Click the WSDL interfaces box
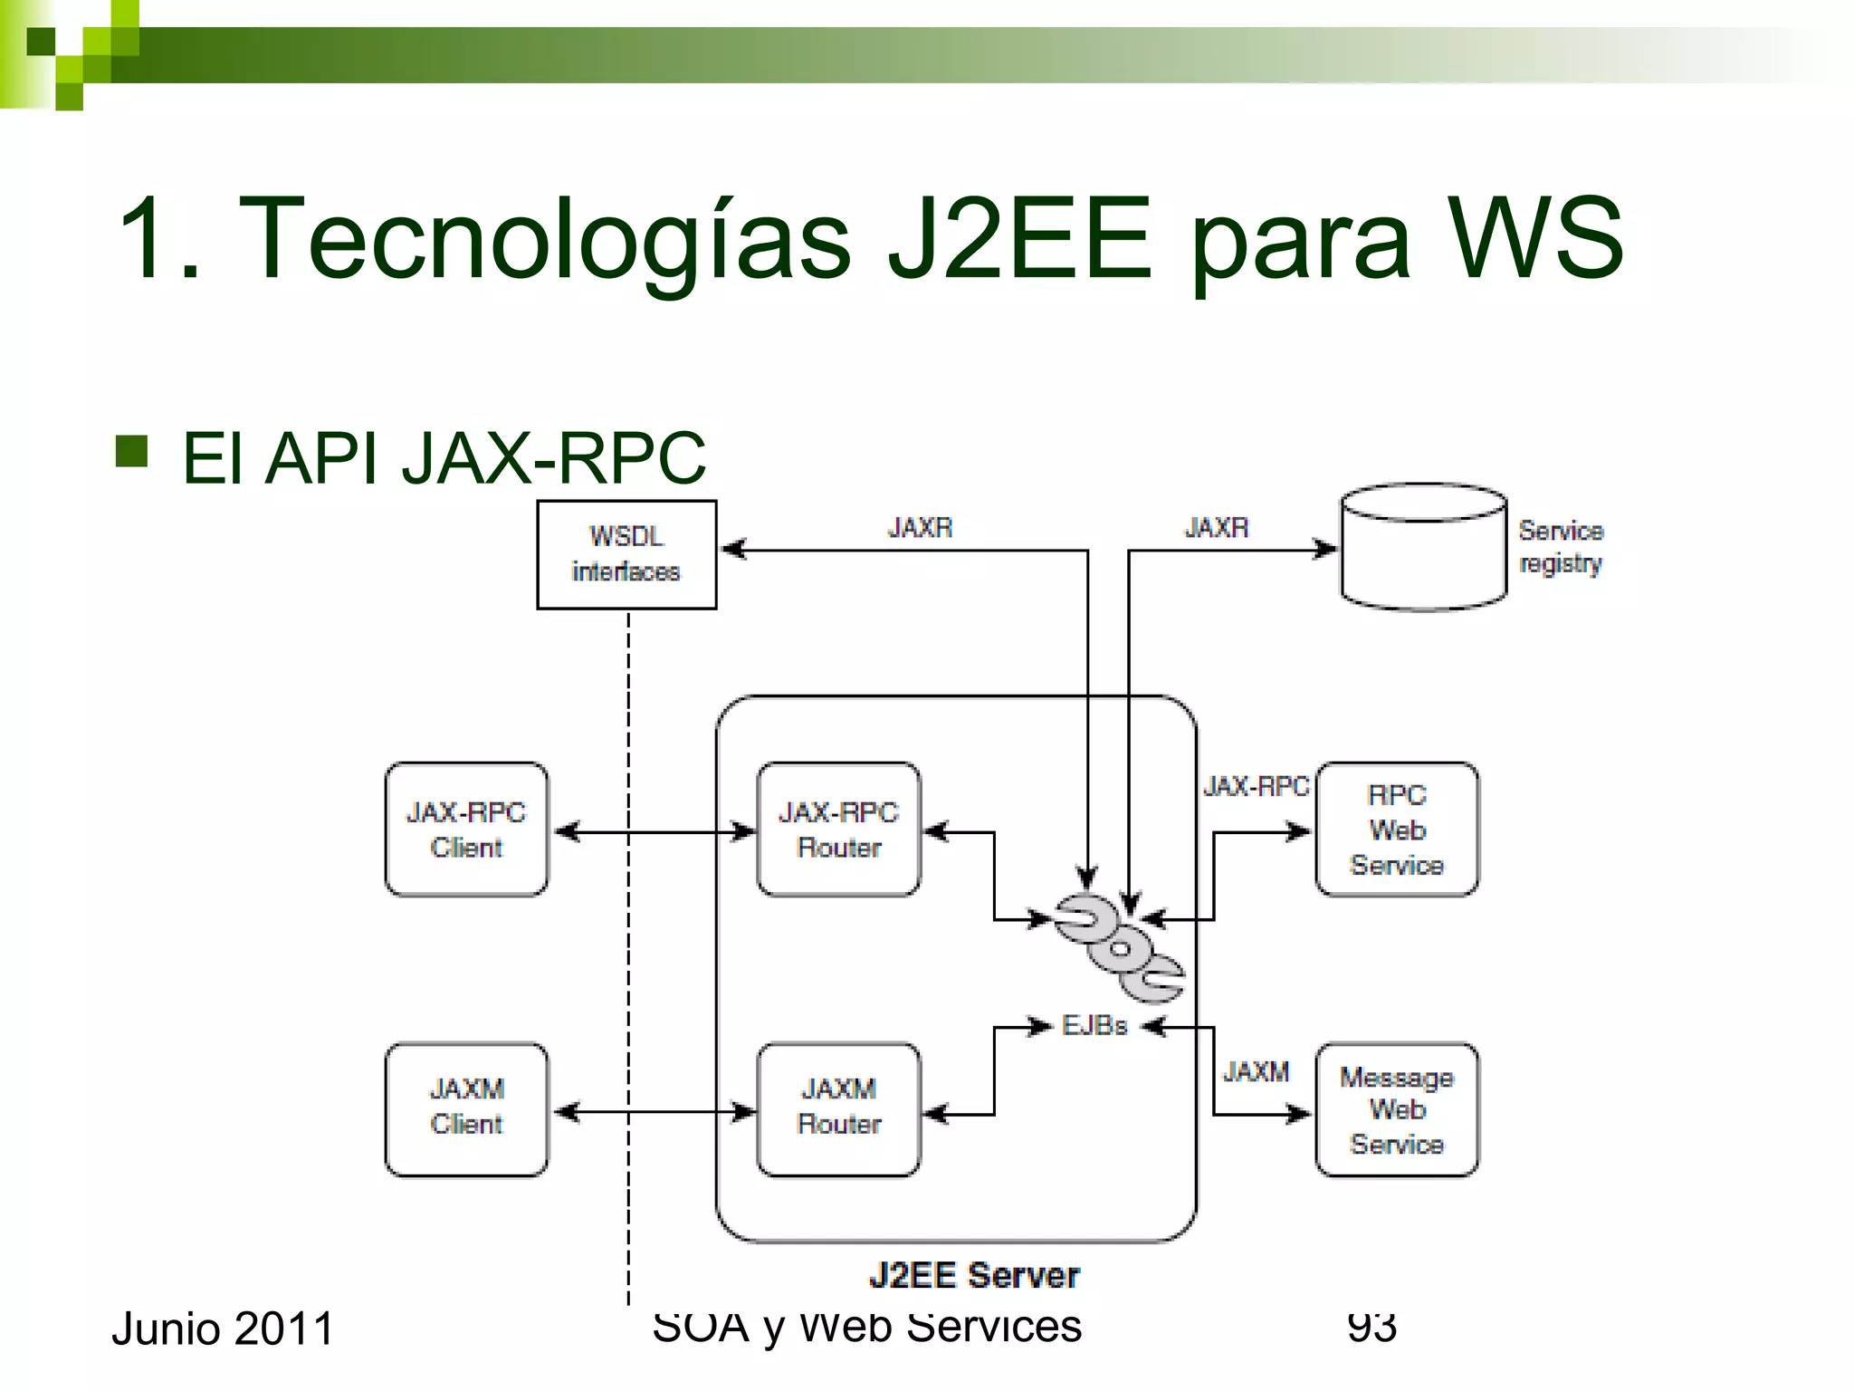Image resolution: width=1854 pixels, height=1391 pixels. (x=626, y=554)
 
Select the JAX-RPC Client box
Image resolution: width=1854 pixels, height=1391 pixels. (x=466, y=830)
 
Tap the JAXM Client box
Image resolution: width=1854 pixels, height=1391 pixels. (x=466, y=1109)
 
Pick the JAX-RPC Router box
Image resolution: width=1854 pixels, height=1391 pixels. (x=838, y=830)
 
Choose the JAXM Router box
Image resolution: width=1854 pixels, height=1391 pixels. (x=838, y=1109)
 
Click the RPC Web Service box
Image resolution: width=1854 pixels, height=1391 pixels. (x=1397, y=830)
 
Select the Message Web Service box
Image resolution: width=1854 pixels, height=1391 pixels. (x=1397, y=1109)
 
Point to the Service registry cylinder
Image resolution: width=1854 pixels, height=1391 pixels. (x=1423, y=548)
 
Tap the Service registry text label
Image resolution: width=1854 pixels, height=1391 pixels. (x=1561, y=546)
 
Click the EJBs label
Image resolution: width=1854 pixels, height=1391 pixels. (x=1094, y=1026)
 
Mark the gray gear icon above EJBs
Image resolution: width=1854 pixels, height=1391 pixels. (x=1119, y=948)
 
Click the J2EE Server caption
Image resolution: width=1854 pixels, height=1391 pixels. (x=974, y=1275)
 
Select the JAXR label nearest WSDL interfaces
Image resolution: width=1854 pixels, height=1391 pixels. (x=920, y=527)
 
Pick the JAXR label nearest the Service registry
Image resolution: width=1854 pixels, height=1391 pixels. (x=1217, y=527)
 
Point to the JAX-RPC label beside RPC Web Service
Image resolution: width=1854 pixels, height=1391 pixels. (x=1256, y=786)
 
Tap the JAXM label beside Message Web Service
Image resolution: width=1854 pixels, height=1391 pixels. (x=1256, y=1072)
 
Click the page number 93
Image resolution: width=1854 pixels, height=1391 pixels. (x=1371, y=1327)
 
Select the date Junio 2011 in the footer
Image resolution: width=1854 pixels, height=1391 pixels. (x=223, y=1329)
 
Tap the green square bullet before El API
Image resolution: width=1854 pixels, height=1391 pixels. (x=132, y=451)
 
